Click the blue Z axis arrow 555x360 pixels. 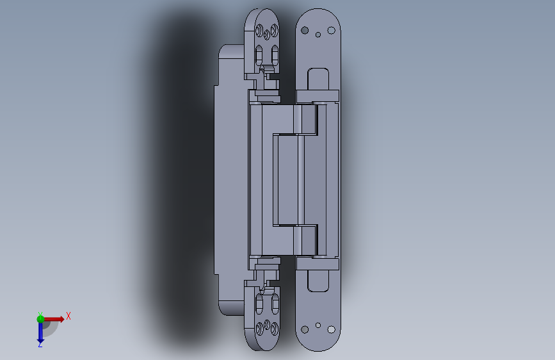[x=40, y=332]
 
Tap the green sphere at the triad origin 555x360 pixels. [x=40, y=318]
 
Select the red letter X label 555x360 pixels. [x=68, y=316]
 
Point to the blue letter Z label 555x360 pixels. [x=40, y=345]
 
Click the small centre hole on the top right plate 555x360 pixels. [x=319, y=35]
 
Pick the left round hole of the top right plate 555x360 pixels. [x=305, y=30]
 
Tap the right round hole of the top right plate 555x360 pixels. [x=332, y=30]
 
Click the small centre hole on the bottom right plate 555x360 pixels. [x=319, y=325]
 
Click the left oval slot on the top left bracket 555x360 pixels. [x=260, y=54]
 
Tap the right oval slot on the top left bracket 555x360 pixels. [x=275, y=54]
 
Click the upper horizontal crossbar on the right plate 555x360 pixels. [x=318, y=96]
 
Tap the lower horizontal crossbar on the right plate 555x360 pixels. [x=318, y=263]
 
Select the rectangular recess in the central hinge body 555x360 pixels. [x=286, y=179]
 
